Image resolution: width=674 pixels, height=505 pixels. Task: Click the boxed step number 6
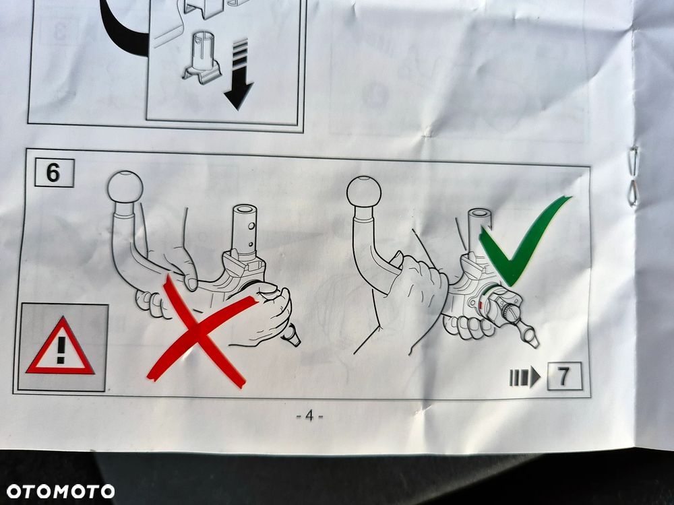(x=54, y=172)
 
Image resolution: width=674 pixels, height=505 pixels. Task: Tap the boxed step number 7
(x=564, y=376)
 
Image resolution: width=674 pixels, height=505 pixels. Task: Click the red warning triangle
(x=60, y=346)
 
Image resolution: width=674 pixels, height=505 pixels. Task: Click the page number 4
(x=309, y=415)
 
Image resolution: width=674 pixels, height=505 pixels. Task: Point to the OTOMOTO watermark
(x=60, y=492)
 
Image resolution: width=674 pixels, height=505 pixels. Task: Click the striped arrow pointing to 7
(x=524, y=377)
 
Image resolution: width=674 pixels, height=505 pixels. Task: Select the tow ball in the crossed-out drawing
(x=125, y=187)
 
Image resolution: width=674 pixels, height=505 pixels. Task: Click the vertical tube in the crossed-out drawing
(x=245, y=230)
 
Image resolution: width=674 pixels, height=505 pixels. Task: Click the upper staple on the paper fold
(x=633, y=160)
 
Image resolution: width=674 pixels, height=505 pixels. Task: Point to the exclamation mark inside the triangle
(x=61, y=349)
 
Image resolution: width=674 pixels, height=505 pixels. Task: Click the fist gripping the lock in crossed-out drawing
(x=263, y=314)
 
